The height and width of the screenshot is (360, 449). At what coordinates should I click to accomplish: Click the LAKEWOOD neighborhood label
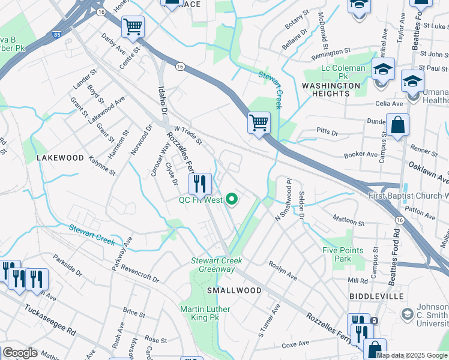pyautogui.click(x=60, y=158)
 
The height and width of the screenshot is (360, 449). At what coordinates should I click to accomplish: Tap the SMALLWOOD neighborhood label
pyautogui.click(x=234, y=290)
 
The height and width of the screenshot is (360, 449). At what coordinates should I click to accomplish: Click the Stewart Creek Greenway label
pyautogui.click(x=217, y=265)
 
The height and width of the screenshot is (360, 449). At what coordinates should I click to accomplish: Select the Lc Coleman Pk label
pyautogui.click(x=343, y=68)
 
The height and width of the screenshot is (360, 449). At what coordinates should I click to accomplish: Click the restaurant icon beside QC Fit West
pyautogui.click(x=200, y=184)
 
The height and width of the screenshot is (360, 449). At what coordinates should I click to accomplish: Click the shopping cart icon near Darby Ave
pyautogui.click(x=133, y=26)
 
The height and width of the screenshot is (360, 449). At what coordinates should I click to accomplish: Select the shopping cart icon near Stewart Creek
pyautogui.click(x=259, y=123)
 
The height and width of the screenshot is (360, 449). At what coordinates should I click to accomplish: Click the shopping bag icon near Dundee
pyautogui.click(x=397, y=125)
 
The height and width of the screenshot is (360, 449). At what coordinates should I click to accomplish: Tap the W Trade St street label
pyautogui.click(x=187, y=135)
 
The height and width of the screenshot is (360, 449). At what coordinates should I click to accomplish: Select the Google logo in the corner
pyautogui.click(x=20, y=353)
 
